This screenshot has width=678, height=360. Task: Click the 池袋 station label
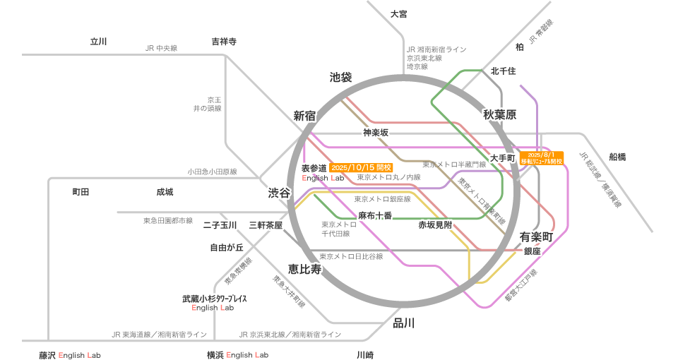(x=340, y=77)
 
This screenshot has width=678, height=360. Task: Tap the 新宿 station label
(x=304, y=115)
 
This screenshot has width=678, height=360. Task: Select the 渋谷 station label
(x=278, y=193)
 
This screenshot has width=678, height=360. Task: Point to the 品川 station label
(x=403, y=323)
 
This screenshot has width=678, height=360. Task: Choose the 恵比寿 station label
(x=304, y=269)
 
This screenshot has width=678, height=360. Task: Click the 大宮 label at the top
(x=399, y=14)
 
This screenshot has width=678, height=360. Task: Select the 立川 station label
(x=98, y=42)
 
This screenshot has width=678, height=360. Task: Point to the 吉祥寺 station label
(x=223, y=42)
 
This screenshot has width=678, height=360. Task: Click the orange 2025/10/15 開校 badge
(x=361, y=168)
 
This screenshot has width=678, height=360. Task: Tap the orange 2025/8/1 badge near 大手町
(x=542, y=157)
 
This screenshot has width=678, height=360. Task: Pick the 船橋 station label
(x=617, y=157)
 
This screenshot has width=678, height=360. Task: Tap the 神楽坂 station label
(x=376, y=132)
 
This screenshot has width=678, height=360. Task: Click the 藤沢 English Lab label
(x=69, y=354)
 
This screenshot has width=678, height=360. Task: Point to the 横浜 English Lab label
(x=237, y=354)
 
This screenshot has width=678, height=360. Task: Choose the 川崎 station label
(x=365, y=354)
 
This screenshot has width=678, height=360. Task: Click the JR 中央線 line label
(x=161, y=48)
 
